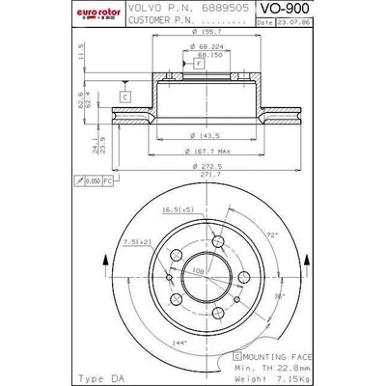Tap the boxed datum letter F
click(x=198, y=63)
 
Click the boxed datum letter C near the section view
click(x=125, y=96)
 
